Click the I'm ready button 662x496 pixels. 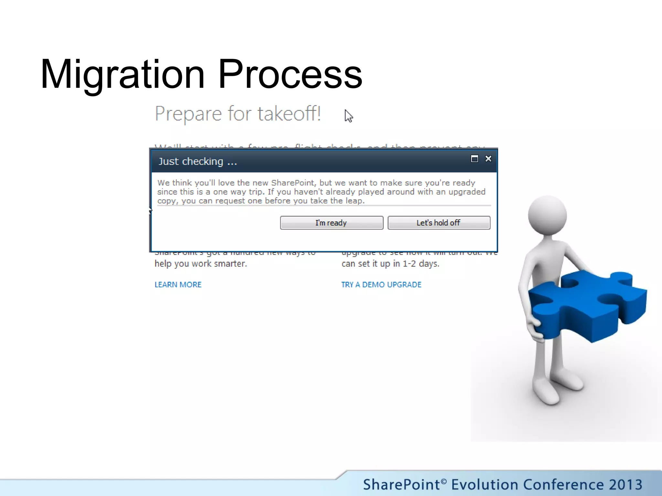[331, 223]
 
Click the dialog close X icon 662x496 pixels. [488, 159]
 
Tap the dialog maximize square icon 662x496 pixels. [474, 159]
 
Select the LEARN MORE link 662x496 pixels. [178, 284]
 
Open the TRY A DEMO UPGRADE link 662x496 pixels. [381, 284]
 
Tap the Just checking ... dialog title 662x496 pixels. [198, 161]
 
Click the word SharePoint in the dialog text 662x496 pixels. [293, 183]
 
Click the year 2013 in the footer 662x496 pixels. [625, 484]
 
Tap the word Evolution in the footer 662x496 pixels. [485, 484]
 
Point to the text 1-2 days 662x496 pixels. [421, 264]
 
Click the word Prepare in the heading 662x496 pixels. [188, 114]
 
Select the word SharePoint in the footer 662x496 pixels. [401, 484]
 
